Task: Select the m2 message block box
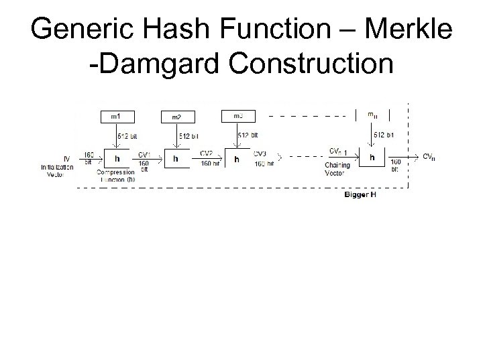pyautogui.click(x=176, y=117)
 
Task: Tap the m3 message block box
pyautogui.click(x=238, y=116)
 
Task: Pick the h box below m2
pyautogui.click(x=176, y=159)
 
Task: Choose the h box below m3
pyautogui.click(x=236, y=160)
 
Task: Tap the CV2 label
pyautogui.click(x=206, y=153)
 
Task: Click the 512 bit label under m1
pyautogui.click(x=127, y=135)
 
